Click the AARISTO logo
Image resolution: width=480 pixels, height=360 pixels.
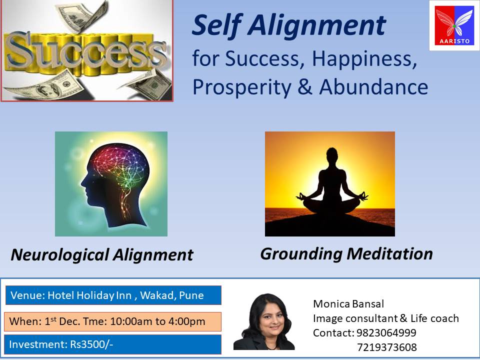coord(454,25)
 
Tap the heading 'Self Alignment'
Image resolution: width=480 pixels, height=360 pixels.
coord(288,25)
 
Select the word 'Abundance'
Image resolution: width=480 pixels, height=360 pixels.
coord(373,87)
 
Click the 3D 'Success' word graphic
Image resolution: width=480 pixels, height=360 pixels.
coord(86,51)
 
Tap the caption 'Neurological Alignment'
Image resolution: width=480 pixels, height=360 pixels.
coord(102,255)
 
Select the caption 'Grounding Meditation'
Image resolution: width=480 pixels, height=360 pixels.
coord(346,254)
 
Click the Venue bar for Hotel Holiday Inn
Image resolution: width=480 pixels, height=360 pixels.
coord(113,295)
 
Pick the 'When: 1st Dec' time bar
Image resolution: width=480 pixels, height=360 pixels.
coord(112,321)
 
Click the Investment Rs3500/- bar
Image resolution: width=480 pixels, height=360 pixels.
coord(112,344)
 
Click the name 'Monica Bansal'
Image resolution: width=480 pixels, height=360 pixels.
coord(348,303)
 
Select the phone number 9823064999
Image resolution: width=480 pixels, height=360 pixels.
coord(386,332)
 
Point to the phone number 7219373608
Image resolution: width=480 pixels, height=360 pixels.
coord(387,347)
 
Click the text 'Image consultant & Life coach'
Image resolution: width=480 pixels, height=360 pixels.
coord(385,318)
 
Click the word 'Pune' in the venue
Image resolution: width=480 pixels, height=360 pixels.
coord(191,295)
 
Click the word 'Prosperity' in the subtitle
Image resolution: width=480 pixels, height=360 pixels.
coord(242,87)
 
